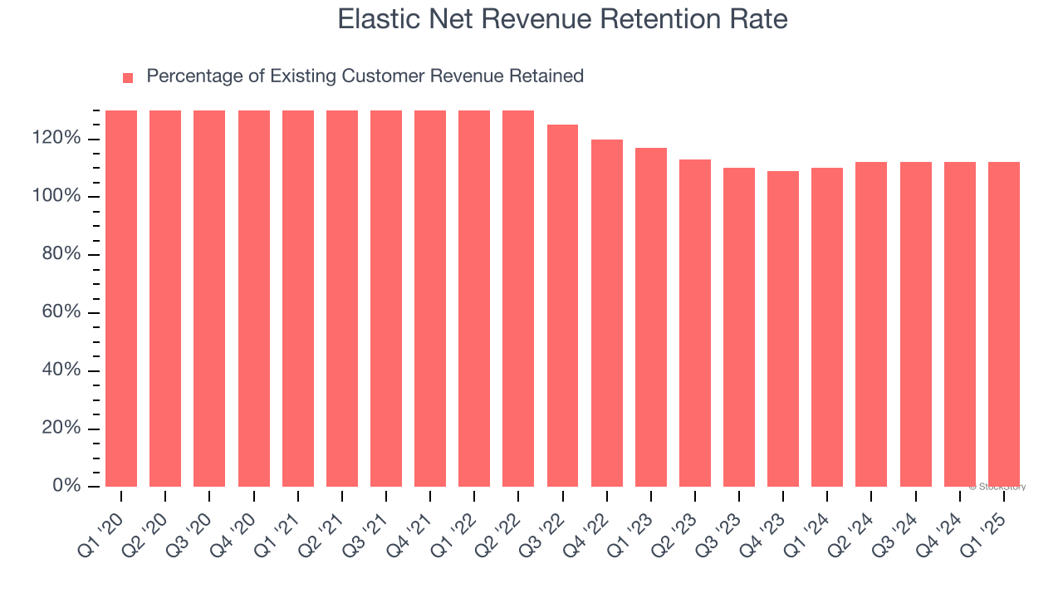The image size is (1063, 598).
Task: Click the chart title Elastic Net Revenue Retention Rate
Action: click(562, 18)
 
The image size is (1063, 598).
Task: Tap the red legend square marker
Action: click(128, 78)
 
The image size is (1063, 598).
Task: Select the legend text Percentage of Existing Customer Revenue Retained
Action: click(365, 76)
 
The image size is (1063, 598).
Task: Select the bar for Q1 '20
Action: click(121, 299)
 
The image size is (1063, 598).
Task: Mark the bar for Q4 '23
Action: click(783, 329)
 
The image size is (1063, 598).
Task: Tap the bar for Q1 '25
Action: click(1004, 324)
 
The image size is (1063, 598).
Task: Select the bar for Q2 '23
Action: click(695, 323)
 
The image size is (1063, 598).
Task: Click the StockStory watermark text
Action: click(997, 487)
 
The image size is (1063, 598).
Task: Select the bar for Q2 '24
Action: click(871, 324)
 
